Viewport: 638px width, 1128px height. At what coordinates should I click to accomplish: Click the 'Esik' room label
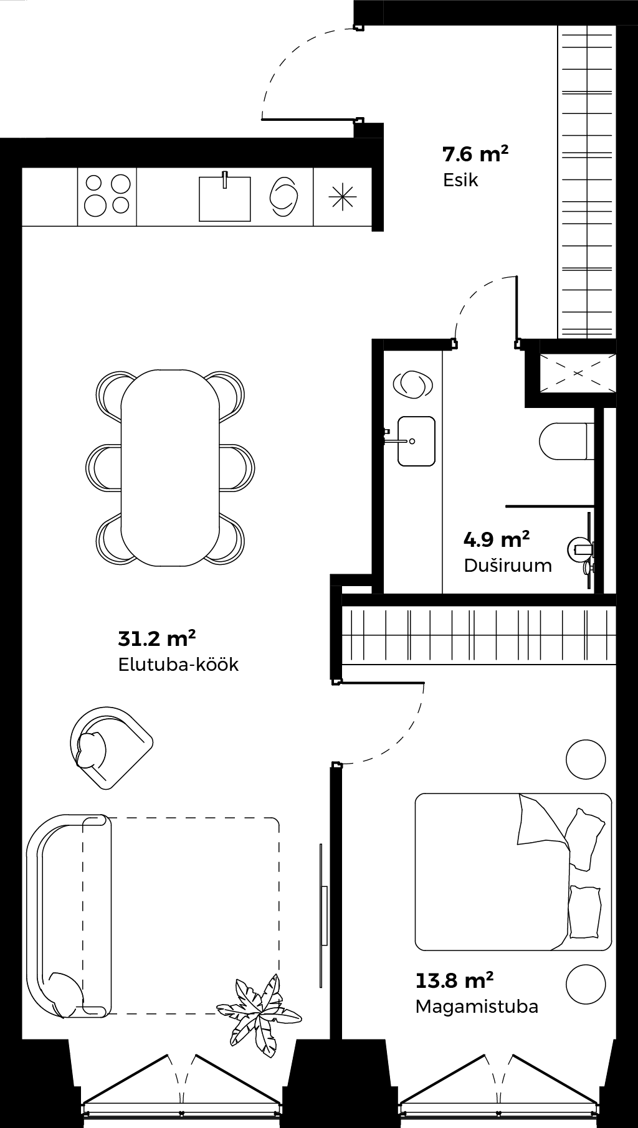[460, 180]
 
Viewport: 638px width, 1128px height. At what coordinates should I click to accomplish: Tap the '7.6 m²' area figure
[475, 153]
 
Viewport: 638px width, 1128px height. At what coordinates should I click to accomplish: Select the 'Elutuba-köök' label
[178, 664]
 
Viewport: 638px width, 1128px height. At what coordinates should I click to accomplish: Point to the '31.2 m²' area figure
[157, 638]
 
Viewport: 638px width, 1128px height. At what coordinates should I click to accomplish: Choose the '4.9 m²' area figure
[497, 538]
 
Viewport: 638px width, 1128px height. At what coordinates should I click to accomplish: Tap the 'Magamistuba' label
[477, 1006]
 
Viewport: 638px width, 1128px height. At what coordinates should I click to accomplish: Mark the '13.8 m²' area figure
[455, 980]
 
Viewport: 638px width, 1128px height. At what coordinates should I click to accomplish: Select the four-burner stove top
[107, 194]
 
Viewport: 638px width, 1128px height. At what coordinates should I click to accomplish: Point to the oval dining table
[170, 468]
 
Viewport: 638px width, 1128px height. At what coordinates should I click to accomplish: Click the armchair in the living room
[111, 747]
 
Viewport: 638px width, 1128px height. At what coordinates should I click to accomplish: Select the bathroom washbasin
[415, 441]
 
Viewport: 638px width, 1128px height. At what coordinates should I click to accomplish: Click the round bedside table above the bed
[586, 759]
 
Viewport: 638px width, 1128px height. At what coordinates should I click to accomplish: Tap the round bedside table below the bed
[586, 984]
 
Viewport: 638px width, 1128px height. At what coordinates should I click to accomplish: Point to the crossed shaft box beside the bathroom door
[578, 374]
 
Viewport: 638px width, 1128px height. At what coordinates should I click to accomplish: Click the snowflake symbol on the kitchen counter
[343, 197]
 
